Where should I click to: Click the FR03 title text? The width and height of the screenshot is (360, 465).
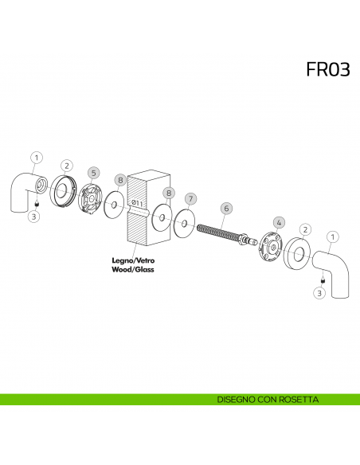pyautogui.click(x=328, y=69)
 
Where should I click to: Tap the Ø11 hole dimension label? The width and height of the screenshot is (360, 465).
pyautogui.click(x=137, y=203)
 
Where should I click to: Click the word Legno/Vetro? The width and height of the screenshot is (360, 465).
pyautogui.click(x=133, y=260)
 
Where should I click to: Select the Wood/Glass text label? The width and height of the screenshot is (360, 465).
pyautogui.click(x=132, y=269)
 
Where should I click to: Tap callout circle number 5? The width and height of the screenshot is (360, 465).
pyautogui.click(x=94, y=174)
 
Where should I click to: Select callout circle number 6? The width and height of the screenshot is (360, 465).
pyautogui.click(x=226, y=209)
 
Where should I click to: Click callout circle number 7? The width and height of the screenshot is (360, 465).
pyautogui.click(x=190, y=199)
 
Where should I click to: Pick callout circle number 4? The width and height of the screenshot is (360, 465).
pyautogui.click(x=279, y=222)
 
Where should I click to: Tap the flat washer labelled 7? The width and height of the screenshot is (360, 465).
pyautogui.click(x=185, y=223)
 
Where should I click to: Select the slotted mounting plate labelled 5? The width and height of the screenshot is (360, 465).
pyautogui.click(x=90, y=198)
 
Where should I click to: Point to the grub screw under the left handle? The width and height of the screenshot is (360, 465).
pyautogui.click(x=37, y=204)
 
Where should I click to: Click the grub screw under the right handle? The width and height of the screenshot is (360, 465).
pyautogui.click(x=323, y=280)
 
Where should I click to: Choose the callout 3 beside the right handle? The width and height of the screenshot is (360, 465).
pyautogui.click(x=319, y=293)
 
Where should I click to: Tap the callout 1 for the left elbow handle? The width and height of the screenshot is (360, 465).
pyautogui.click(x=37, y=158)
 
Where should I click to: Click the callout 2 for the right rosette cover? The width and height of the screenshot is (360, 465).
pyautogui.click(x=305, y=229)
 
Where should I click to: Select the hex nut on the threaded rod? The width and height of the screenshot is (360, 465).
pyautogui.click(x=243, y=239)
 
